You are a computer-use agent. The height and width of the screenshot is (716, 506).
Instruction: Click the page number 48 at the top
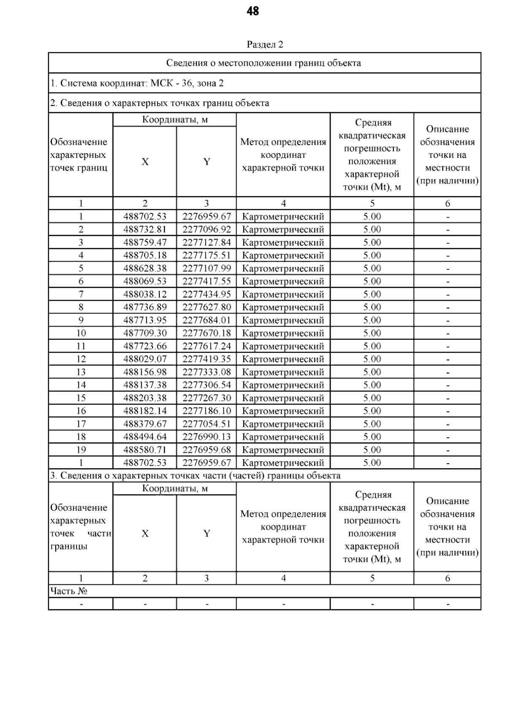pyautogui.click(x=253, y=11)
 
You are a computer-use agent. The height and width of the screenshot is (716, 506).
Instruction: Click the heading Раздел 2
pyautogui.click(x=264, y=45)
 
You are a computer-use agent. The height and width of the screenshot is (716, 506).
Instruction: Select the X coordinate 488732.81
pyautogui.click(x=145, y=230)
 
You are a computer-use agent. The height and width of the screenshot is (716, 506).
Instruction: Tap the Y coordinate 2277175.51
pyautogui.click(x=207, y=255)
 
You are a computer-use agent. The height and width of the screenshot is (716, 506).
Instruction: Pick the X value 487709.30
pyautogui.click(x=145, y=333)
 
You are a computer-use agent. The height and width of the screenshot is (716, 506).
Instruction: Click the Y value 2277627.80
pyautogui.click(x=207, y=307)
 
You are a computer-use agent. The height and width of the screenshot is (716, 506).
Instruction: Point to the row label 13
pyautogui.click(x=81, y=372)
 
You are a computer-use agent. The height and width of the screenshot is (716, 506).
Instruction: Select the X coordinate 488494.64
pyautogui.click(x=145, y=437)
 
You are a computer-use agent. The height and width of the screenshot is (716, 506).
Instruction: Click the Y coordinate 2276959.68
pyautogui.click(x=207, y=450)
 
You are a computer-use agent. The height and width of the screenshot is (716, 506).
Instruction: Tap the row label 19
pyautogui.click(x=81, y=450)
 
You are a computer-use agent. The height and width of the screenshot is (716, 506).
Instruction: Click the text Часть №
pyautogui.click(x=69, y=591)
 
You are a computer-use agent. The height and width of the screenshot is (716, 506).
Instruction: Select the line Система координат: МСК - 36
pyautogui.click(x=137, y=83)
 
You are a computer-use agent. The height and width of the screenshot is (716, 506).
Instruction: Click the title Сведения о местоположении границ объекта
pyautogui.click(x=264, y=63)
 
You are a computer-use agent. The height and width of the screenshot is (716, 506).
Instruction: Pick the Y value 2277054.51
pyautogui.click(x=207, y=424)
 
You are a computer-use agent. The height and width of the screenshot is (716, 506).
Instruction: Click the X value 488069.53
pyautogui.click(x=145, y=281)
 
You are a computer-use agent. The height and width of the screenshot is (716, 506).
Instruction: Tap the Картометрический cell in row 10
pyautogui.click(x=283, y=333)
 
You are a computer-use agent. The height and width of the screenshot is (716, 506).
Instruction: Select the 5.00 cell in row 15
pyautogui.click(x=372, y=398)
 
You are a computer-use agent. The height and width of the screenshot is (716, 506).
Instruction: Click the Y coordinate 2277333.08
pyautogui.click(x=207, y=372)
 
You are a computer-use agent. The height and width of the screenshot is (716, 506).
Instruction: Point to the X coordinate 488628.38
pyautogui.click(x=145, y=268)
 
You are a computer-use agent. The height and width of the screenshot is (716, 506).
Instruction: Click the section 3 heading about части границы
pyautogui.click(x=195, y=476)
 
